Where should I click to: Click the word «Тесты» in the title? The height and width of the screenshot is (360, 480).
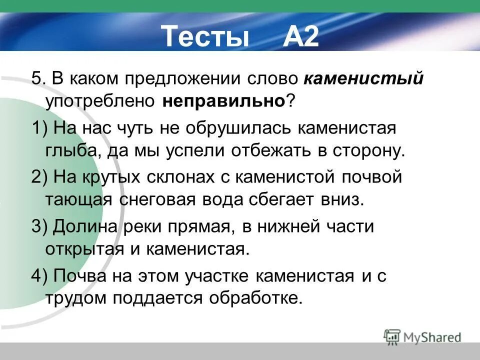205,36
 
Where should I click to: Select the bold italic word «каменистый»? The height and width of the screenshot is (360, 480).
363,79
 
